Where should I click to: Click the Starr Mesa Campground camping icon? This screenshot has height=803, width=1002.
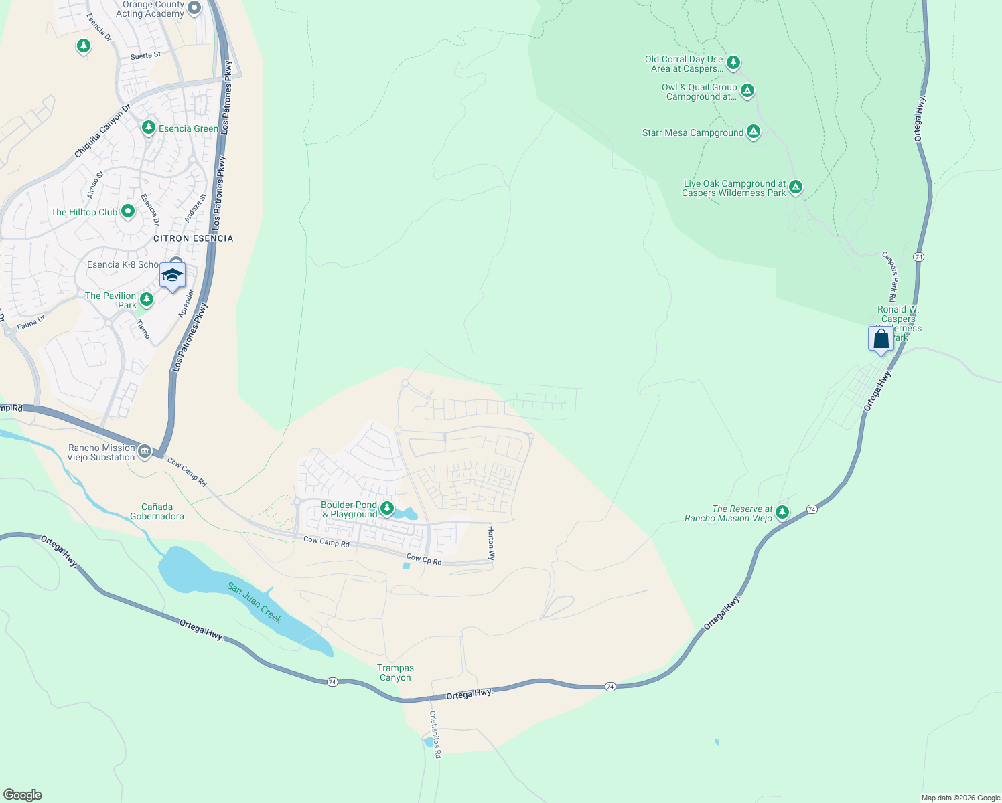tap(754, 132)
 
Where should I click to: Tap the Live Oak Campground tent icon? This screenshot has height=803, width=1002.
tap(796, 187)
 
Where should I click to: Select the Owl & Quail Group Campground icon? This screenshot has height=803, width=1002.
tap(747, 90)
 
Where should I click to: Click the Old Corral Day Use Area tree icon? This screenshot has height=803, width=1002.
tap(733, 63)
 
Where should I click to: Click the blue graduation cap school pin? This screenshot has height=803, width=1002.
tap(172, 275)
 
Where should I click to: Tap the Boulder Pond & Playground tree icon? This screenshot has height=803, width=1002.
tap(387, 509)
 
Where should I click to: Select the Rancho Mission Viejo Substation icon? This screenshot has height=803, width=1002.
tap(144, 452)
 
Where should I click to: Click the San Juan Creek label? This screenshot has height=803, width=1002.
tap(255, 602)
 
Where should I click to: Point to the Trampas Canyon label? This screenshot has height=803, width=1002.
tap(395, 673)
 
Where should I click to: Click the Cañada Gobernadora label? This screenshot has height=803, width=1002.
tap(157, 511)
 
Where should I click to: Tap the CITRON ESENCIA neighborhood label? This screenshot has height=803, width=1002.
tap(193, 238)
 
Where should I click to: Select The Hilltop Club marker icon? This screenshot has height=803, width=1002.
tap(128, 212)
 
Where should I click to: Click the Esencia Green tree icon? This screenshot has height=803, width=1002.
tap(149, 127)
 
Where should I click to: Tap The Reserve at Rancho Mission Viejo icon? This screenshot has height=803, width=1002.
tap(782, 513)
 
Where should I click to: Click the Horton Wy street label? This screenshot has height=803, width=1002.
tap(491, 543)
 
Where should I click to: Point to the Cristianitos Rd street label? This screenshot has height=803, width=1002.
tap(435, 734)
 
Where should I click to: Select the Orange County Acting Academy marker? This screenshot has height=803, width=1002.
tap(194, 9)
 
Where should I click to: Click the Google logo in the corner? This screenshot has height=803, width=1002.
tap(22, 795)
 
